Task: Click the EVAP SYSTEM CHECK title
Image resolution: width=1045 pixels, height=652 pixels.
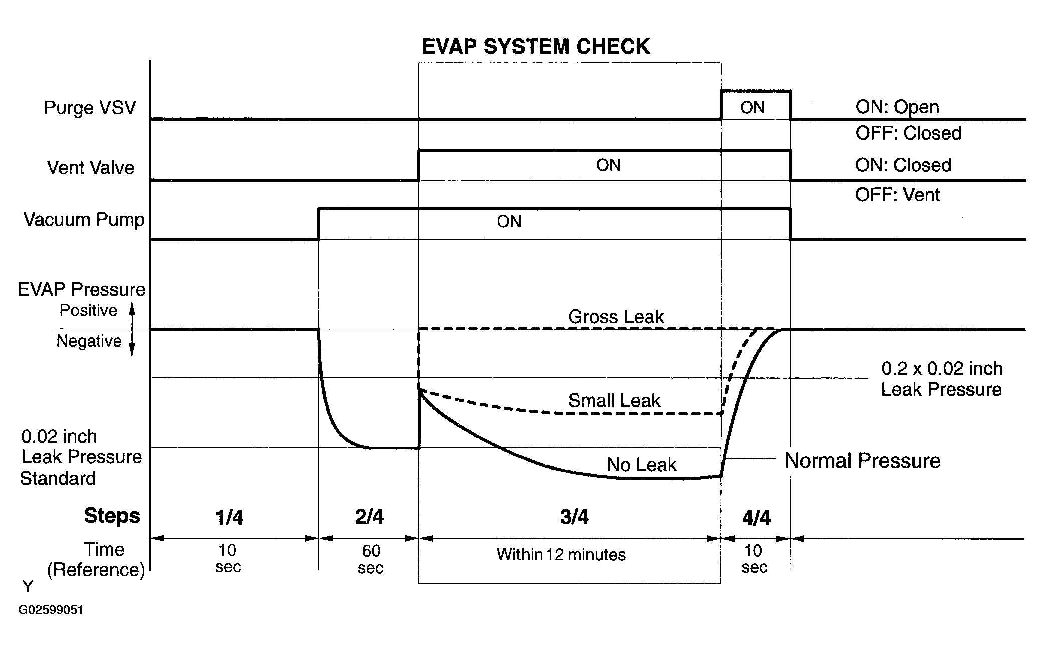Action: pyautogui.click(x=536, y=47)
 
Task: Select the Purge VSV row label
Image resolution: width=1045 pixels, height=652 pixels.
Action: pyautogui.click(x=90, y=108)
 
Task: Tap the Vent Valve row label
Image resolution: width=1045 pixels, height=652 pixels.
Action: pyautogui.click(x=91, y=168)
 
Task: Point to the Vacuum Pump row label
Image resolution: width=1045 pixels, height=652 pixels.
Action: pyautogui.click(x=84, y=220)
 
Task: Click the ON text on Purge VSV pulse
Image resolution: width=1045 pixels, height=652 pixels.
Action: pyautogui.click(x=752, y=107)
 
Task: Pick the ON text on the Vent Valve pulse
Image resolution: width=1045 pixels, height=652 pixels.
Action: pyautogui.click(x=608, y=165)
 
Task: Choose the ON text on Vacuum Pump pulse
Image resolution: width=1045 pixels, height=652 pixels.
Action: pyautogui.click(x=509, y=221)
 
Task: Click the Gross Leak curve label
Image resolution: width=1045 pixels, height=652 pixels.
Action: pyautogui.click(x=616, y=317)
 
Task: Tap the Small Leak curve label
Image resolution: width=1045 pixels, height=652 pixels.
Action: pyautogui.click(x=614, y=400)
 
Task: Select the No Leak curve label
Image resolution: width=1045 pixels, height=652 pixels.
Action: pyautogui.click(x=642, y=465)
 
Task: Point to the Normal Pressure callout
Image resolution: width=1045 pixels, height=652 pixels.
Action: pyautogui.click(x=863, y=461)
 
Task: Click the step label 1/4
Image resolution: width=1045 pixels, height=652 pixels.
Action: pyautogui.click(x=229, y=518)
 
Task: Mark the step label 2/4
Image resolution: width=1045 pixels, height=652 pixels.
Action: pyautogui.click(x=369, y=517)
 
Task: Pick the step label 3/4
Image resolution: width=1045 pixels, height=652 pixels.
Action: pyautogui.click(x=574, y=517)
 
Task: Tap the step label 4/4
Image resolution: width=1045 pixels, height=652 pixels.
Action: pyautogui.click(x=756, y=518)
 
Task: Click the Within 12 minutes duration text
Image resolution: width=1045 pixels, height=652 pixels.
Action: pyautogui.click(x=561, y=554)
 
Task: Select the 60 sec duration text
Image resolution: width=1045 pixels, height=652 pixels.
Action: pyautogui.click(x=371, y=559)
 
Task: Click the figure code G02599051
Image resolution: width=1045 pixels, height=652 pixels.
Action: pyautogui.click(x=51, y=610)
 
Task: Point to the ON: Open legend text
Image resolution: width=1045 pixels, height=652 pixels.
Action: pyautogui.click(x=897, y=107)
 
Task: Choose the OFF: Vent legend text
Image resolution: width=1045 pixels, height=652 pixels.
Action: pyautogui.click(x=897, y=194)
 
